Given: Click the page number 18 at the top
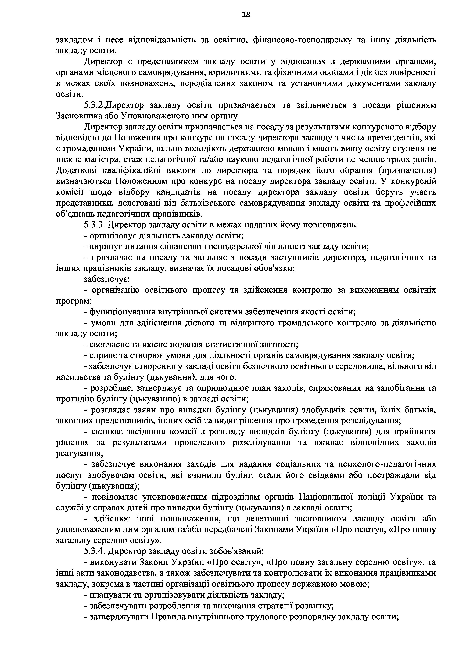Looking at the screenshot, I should (246, 14).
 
